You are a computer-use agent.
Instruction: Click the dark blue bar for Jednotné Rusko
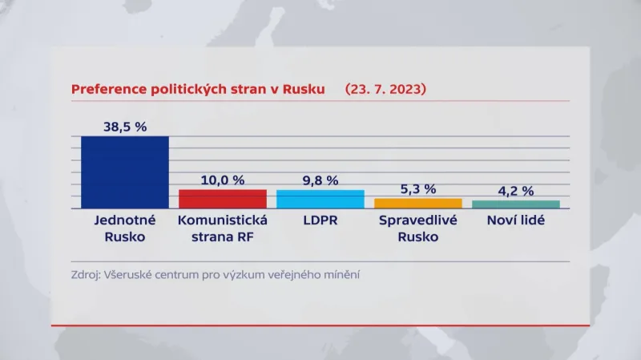coord(125,172)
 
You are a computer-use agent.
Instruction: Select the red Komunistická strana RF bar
coord(222,199)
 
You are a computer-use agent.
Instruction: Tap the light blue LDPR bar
coord(320,199)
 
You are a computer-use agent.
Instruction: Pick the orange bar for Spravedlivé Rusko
coord(418,203)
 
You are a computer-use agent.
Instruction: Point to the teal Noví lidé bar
coord(516,204)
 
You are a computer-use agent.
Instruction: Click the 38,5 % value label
coord(125,126)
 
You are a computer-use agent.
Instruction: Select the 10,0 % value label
coord(222,180)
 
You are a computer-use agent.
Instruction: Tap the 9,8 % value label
coord(320,180)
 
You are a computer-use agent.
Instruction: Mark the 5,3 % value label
coord(418,188)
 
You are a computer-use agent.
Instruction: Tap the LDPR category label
coord(320,220)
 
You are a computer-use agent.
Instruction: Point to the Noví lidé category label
coord(516,220)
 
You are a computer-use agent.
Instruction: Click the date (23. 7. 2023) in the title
coord(385,90)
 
